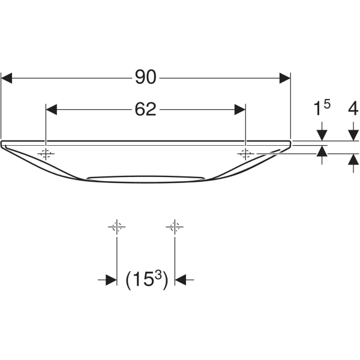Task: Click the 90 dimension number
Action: [146, 77]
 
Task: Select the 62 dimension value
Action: [146, 109]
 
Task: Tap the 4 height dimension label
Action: [353, 109]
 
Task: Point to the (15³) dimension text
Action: [146, 279]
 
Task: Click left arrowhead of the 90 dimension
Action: [7, 77]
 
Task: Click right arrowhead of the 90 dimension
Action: [284, 77]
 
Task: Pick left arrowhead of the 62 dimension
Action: [52, 110]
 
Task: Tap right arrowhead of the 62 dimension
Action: [239, 110]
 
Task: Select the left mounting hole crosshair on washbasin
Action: [46, 154]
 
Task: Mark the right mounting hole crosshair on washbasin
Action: [245, 154]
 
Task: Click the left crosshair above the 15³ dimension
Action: [116, 227]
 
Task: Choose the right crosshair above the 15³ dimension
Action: [174, 227]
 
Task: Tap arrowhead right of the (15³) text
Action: [180, 280]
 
